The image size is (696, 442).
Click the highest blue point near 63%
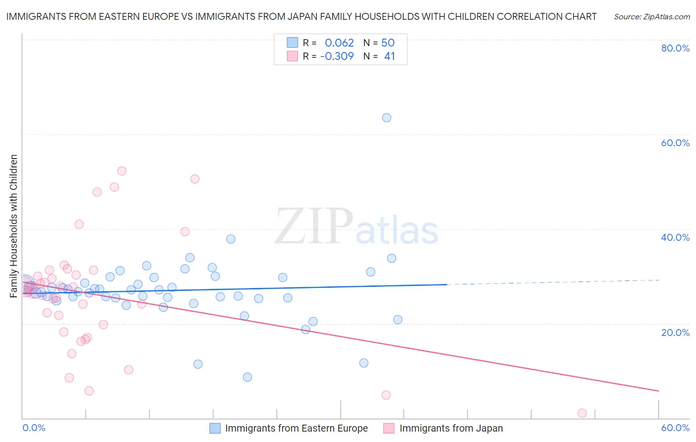[x=387, y=118]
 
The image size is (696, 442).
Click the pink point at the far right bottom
[x=582, y=413]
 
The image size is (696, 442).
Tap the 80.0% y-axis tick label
[x=675, y=48]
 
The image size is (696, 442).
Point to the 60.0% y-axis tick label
[x=675, y=143]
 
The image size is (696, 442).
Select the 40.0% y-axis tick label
[x=675, y=237]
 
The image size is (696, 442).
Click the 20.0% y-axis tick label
[x=675, y=332]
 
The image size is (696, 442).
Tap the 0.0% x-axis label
[x=34, y=428]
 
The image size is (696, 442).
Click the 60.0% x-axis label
[x=675, y=428]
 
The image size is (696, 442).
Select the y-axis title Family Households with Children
[x=14, y=226]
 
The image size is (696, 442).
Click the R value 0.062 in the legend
[x=339, y=43]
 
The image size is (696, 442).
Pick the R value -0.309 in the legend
[x=337, y=56]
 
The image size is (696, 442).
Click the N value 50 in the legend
[x=388, y=43]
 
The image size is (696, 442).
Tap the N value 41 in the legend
[x=390, y=56]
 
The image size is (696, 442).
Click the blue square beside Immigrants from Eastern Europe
[x=215, y=428]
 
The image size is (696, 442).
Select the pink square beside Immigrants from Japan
[x=389, y=428]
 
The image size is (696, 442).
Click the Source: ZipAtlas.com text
[x=652, y=17]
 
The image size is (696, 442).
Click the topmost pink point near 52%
[x=122, y=171]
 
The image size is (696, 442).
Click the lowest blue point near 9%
[x=248, y=377]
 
